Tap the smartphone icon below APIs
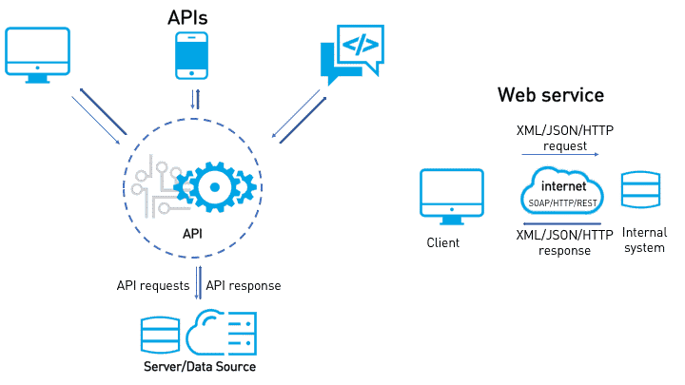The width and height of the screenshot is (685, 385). pyautogui.click(x=191, y=55)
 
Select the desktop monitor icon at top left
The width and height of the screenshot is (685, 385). pyautogui.click(x=37, y=54)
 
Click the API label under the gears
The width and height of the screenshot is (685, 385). pyautogui.click(x=191, y=233)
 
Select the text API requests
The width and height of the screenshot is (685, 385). pyautogui.click(x=153, y=285)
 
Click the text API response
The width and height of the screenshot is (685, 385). pyautogui.click(x=244, y=285)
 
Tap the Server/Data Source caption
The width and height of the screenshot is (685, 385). pyautogui.click(x=200, y=366)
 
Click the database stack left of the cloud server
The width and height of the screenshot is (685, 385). pyautogui.click(x=160, y=333)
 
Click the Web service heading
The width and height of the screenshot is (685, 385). pyautogui.click(x=550, y=96)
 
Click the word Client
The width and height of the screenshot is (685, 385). pyautogui.click(x=442, y=242)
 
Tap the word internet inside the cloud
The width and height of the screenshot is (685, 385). pyautogui.click(x=563, y=186)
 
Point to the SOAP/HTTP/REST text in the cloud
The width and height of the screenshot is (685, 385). pyautogui.click(x=563, y=202)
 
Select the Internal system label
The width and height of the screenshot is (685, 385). pyautogui.click(x=644, y=240)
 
